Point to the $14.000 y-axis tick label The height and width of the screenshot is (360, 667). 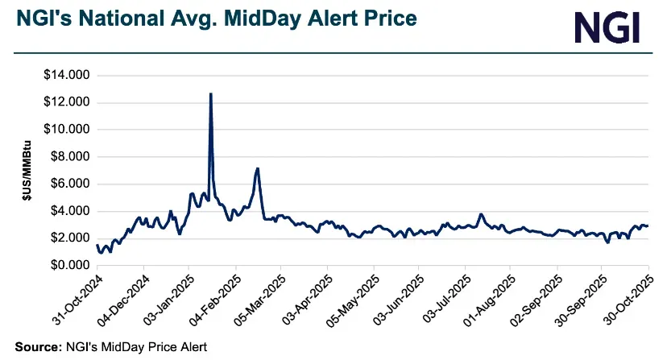click(68, 76)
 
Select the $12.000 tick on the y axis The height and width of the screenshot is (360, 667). click(68, 102)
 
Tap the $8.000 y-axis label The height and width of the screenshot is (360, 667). click(70, 157)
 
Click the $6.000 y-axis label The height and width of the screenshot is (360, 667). click(70, 184)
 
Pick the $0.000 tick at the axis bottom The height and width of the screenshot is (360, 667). click(70, 265)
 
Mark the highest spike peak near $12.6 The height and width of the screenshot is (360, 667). click(210, 93)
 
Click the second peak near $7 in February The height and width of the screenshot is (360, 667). click(257, 168)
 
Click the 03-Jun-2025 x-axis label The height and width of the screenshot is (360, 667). click(396, 299)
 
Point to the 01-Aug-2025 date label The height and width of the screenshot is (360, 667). click(488, 299)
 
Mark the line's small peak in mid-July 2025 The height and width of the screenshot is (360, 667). click(481, 214)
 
